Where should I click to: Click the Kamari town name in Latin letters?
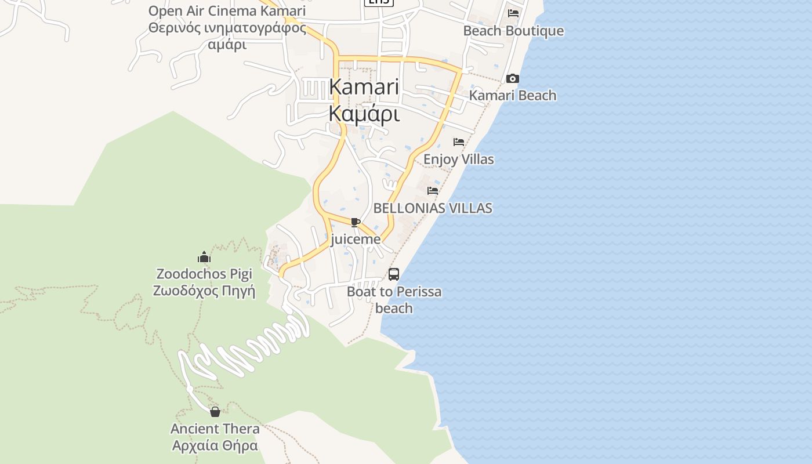click(x=364, y=87)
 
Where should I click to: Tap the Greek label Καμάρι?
click(x=364, y=114)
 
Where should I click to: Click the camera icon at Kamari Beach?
click(x=513, y=79)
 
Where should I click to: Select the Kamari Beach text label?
click(x=513, y=96)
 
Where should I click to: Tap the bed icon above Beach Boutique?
click(x=513, y=13)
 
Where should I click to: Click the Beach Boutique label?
click(x=513, y=31)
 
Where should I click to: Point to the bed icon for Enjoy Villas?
click(x=459, y=142)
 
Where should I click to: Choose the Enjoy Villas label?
click(x=459, y=159)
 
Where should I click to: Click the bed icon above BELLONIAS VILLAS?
click(x=433, y=191)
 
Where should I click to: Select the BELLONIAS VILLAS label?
click(x=433, y=208)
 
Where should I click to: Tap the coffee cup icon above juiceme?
click(x=356, y=223)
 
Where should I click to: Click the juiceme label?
click(x=356, y=239)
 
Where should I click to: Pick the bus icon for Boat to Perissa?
click(x=394, y=274)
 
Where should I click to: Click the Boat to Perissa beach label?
click(x=394, y=299)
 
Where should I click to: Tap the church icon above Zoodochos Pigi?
click(x=204, y=257)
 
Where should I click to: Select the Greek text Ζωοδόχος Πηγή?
click(x=204, y=291)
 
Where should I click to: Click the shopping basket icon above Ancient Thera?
click(x=215, y=412)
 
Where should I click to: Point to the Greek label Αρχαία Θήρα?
click(x=215, y=446)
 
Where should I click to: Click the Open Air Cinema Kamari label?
click(x=227, y=11)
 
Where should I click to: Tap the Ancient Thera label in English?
click(x=215, y=429)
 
